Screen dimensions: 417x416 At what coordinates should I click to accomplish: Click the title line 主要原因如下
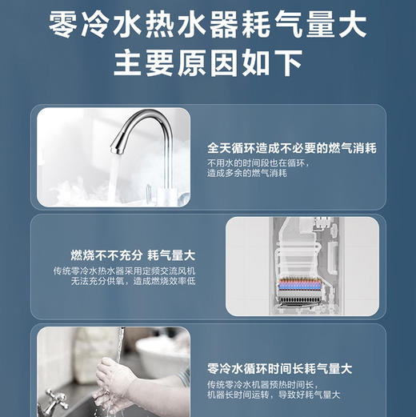click(x=207, y=62)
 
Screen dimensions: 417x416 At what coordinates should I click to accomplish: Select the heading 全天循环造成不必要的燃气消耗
click(x=291, y=149)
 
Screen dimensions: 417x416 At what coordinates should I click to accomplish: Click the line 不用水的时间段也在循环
click(x=256, y=162)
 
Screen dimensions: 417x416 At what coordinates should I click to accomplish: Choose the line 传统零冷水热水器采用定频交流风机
click(x=124, y=271)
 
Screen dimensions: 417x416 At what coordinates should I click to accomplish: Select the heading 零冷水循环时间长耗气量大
click(x=279, y=368)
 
